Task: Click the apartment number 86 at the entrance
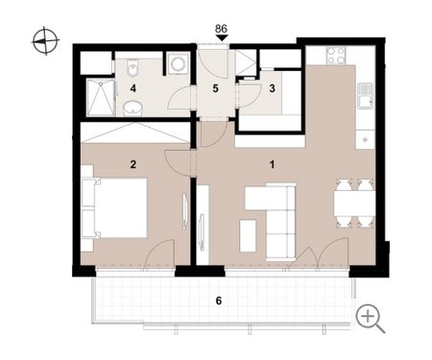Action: (x=221, y=29)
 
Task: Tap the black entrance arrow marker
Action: (x=222, y=38)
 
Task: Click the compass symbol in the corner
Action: (x=46, y=41)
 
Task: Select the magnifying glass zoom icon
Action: (x=371, y=319)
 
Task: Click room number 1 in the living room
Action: (x=272, y=165)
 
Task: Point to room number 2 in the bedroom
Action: (x=133, y=164)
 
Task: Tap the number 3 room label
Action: (x=272, y=88)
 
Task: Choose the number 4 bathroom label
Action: (x=133, y=88)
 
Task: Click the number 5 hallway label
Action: (x=216, y=88)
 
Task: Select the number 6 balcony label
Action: (x=219, y=300)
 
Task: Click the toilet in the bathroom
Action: (x=132, y=67)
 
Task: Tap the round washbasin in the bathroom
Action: (x=132, y=108)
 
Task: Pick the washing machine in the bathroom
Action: (x=177, y=63)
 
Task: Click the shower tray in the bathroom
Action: (x=101, y=98)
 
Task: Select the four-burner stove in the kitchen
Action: (x=336, y=56)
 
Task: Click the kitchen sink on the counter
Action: (x=366, y=96)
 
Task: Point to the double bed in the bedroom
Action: (x=114, y=207)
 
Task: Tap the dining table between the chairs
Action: (x=354, y=204)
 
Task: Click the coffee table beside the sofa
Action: (x=248, y=236)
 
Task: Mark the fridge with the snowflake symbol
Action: (x=365, y=139)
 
